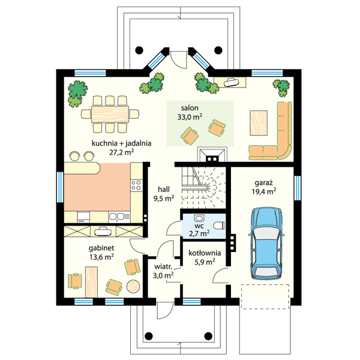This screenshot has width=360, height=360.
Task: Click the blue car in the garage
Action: [266, 244]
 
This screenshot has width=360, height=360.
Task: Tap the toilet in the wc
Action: [218, 226]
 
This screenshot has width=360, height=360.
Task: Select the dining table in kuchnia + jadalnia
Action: [110, 114]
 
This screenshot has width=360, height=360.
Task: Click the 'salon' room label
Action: [190, 108]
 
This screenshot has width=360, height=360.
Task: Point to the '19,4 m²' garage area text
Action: [264, 191]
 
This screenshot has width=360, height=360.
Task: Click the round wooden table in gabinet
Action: [133, 286]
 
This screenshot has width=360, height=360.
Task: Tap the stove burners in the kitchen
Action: [136, 185]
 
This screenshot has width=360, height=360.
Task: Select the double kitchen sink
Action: [116, 217]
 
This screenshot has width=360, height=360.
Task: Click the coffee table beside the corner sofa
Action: [259, 123]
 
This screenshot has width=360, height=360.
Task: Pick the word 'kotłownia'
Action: [205, 253]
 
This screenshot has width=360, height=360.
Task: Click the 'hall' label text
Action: [164, 190]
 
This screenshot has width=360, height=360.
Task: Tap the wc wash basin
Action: [199, 218]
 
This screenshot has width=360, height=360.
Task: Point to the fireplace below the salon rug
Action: [212, 155]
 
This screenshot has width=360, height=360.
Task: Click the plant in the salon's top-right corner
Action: [281, 88]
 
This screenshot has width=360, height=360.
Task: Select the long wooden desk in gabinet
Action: [91, 282]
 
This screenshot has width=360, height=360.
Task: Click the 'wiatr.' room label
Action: [163, 267]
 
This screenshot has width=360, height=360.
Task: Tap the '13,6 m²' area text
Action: [102, 257]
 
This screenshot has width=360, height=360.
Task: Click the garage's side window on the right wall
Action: [298, 188]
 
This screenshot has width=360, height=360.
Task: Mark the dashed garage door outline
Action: [265, 296]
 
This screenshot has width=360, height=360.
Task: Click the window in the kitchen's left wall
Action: [60, 187]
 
